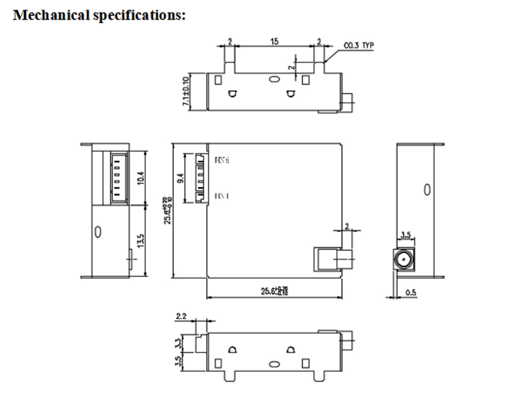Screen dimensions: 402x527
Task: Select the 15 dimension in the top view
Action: click(274, 42)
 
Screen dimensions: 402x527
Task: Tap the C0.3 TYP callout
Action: click(358, 46)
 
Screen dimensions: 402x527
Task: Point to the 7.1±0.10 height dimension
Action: click(186, 91)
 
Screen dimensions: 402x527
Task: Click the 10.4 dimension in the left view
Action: click(141, 177)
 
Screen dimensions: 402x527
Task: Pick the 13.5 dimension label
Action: click(141, 241)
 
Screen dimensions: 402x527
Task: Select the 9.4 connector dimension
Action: click(181, 177)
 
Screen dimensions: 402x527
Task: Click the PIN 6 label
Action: click(222, 161)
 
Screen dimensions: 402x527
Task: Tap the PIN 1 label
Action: click(221, 195)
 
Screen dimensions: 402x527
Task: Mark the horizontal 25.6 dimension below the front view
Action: click(273, 290)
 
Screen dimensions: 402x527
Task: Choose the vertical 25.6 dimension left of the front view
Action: click(168, 210)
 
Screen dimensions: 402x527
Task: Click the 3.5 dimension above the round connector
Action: click(406, 235)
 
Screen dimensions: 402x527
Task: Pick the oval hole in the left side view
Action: click(98, 231)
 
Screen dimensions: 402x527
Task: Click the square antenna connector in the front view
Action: click(324, 258)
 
